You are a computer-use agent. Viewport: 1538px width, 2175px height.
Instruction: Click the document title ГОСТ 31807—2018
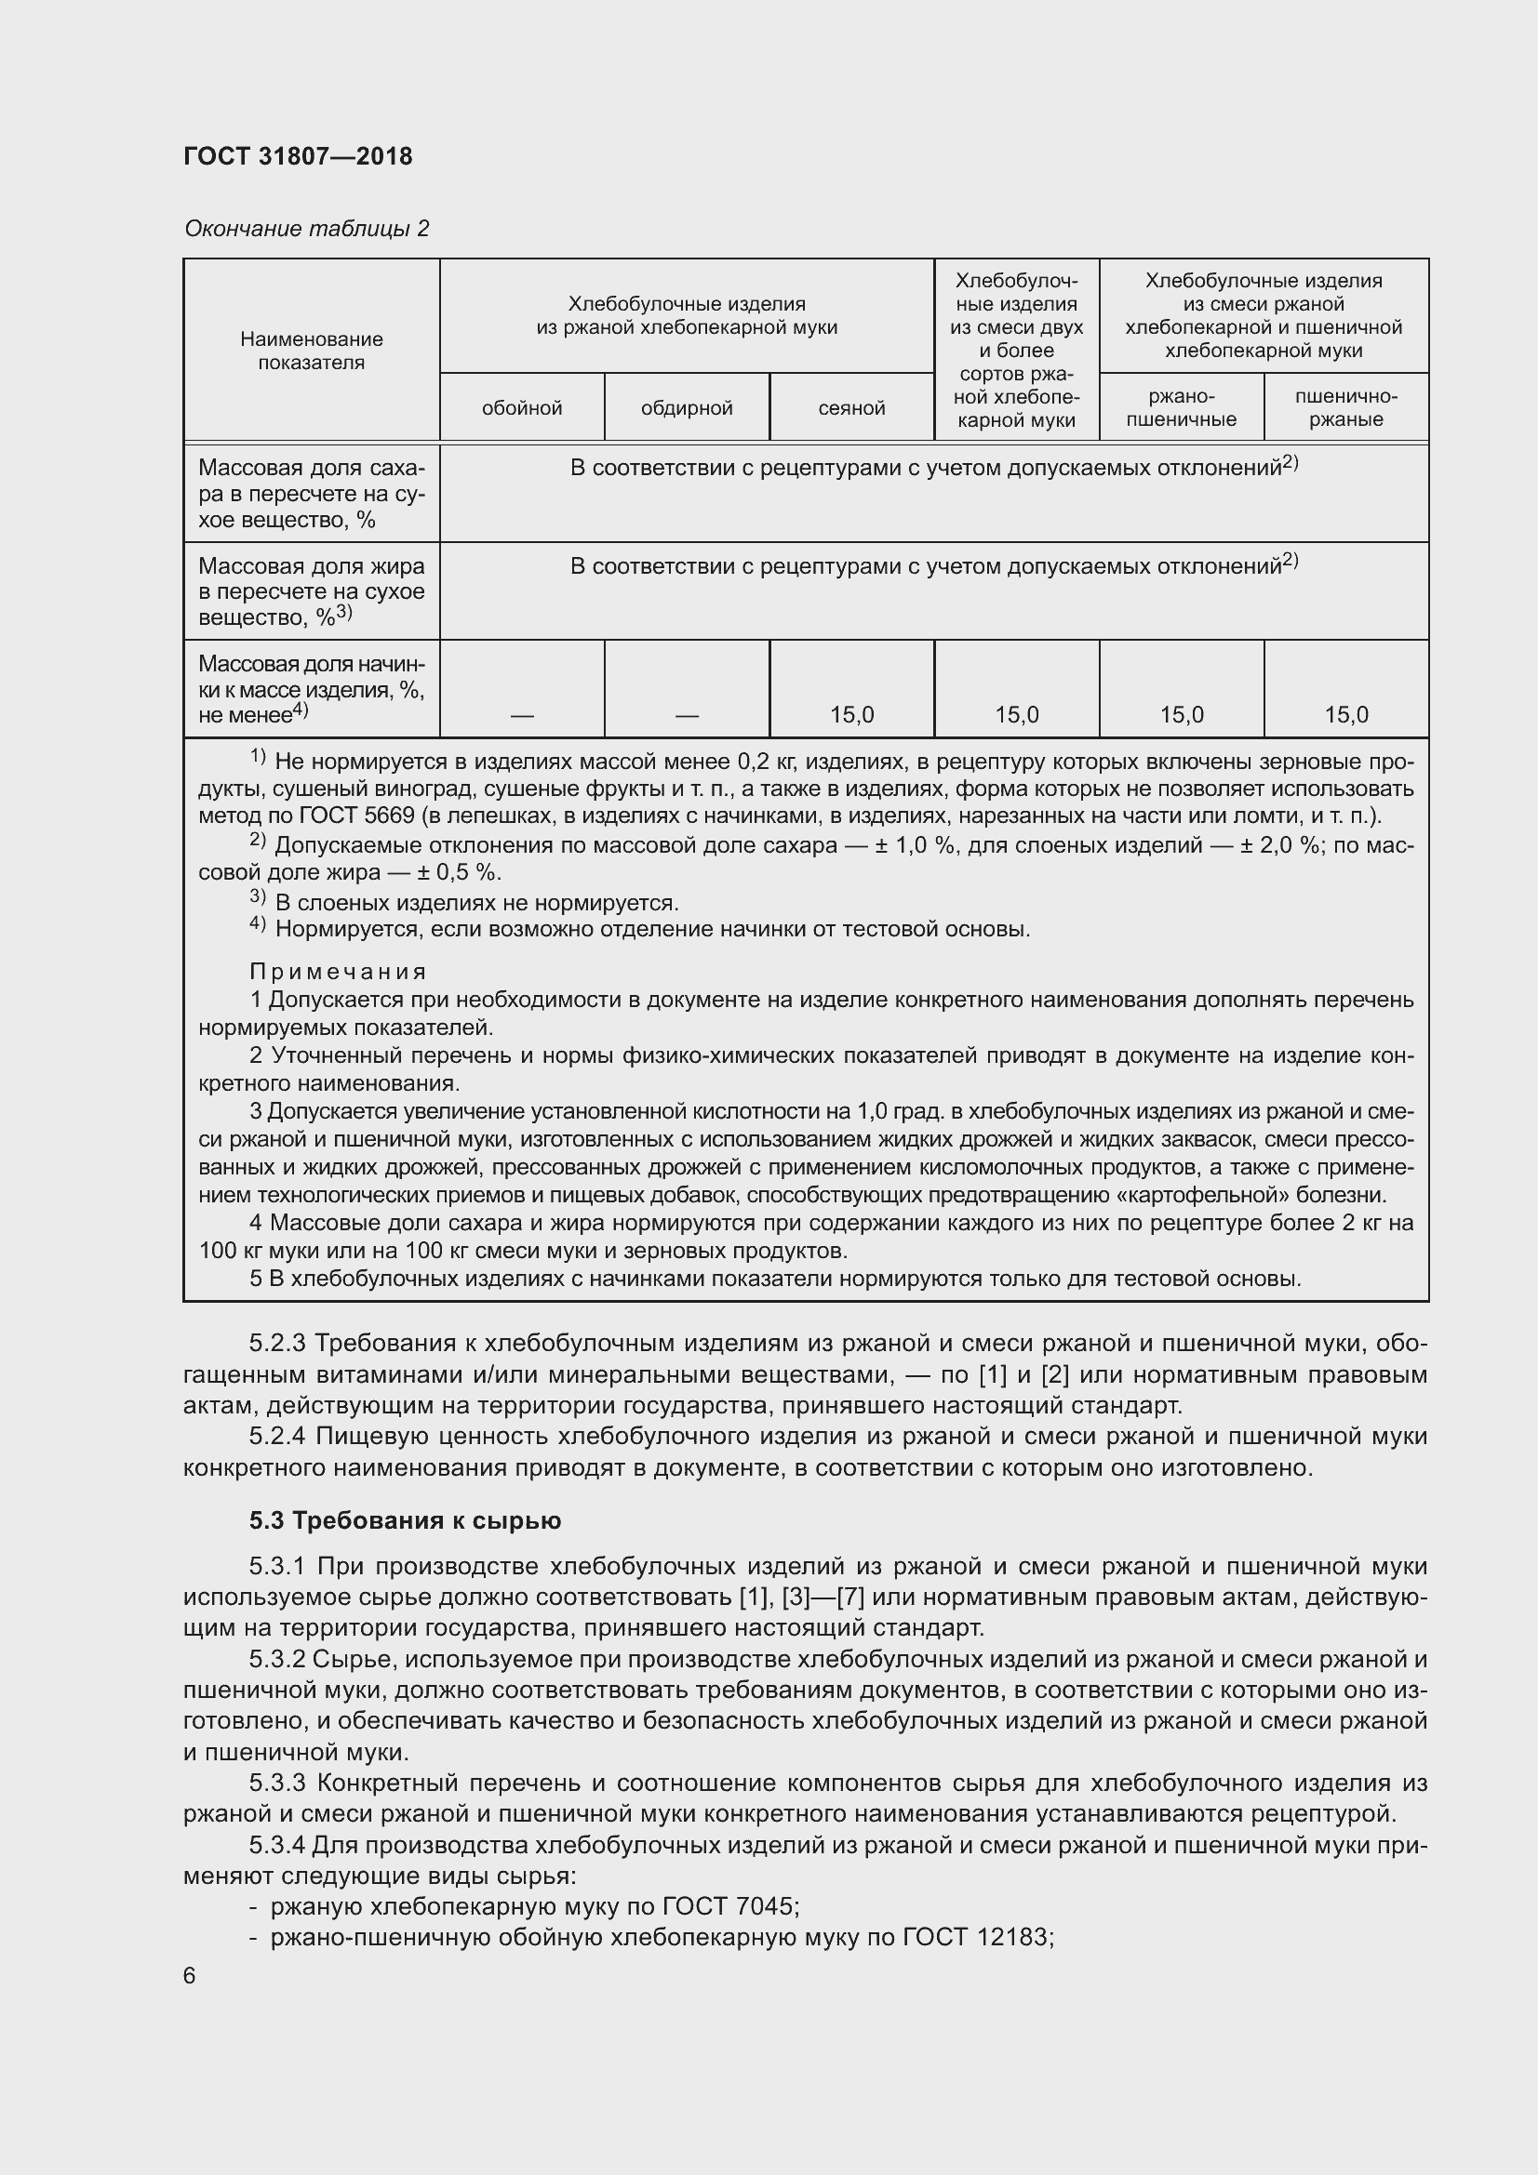click(x=298, y=156)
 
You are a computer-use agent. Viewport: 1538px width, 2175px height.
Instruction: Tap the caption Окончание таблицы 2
click(x=306, y=229)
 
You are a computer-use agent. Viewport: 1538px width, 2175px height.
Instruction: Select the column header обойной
click(x=521, y=408)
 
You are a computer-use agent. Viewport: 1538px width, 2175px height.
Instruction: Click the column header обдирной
click(x=686, y=408)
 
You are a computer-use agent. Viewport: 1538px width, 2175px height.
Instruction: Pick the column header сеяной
click(x=851, y=408)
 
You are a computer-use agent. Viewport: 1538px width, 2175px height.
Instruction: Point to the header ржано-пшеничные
click(x=1181, y=408)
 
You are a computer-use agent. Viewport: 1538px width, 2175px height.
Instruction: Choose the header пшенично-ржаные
click(x=1345, y=408)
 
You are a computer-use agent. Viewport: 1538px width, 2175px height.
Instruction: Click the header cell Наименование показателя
click(x=311, y=351)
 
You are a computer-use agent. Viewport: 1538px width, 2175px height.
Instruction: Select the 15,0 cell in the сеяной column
click(x=851, y=715)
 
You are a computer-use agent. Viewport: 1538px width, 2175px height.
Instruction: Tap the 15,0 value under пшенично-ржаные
click(x=1345, y=715)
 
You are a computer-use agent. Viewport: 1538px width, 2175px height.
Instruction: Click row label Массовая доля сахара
click(x=311, y=494)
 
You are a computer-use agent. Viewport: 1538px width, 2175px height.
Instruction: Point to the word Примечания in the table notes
click(x=338, y=972)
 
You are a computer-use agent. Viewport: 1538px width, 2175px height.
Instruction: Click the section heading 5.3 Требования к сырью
click(x=405, y=1520)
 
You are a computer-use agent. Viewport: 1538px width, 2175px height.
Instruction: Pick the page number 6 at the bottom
click(x=190, y=1976)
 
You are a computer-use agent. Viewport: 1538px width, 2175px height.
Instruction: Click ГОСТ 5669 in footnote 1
click(x=357, y=816)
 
